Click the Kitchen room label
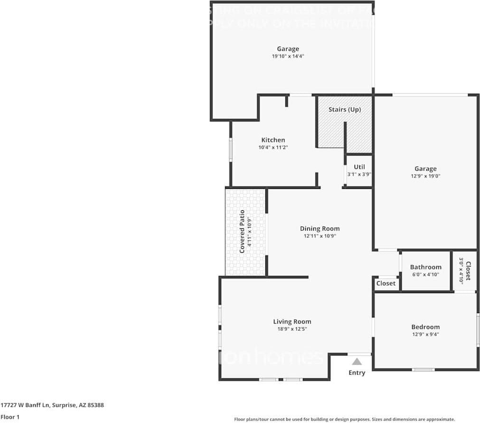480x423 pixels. pyautogui.click(x=273, y=140)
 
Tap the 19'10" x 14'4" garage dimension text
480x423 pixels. pyautogui.click(x=288, y=56)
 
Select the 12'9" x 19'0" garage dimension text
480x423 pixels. pyautogui.click(x=425, y=176)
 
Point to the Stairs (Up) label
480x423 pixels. pyautogui.click(x=345, y=109)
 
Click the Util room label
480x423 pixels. pyautogui.click(x=359, y=167)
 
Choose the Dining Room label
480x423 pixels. pyautogui.click(x=320, y=228)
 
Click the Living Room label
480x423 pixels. pyautogui.click(x=292, y=322)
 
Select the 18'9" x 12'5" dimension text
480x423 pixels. pyautogui.click(x=292, y=329)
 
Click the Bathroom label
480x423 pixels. pyautogui.click(x=425, y=267)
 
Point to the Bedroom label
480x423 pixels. pyautogui.click(x=425, y=327)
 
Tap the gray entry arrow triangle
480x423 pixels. pyautogui.click(x=357, y=362)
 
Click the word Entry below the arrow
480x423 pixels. pyautogui.click(x=357, y=373)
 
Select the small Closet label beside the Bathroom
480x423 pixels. pyautogui.click(x=386, y=283)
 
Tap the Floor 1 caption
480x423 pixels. pyautogui.click(x=10, y=417)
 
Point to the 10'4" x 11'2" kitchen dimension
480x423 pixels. pyautogui.click(x=273, y=148)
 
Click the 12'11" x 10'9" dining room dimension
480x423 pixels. pyautogui.click(x=320, y=236)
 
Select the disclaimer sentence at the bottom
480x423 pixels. pyautogui.click(x=344, y=419)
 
